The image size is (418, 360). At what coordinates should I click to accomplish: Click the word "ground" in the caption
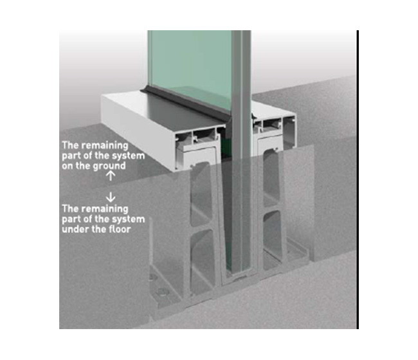pyautogui.click(x=109, y=166)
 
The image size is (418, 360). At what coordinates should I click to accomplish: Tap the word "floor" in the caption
pyautogui.click(x=120, y=229)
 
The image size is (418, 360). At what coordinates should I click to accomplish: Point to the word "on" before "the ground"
pyautogui.click(x=68, y=166)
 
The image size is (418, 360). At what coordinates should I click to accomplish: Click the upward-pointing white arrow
pyautogui.click(x=111, y=176)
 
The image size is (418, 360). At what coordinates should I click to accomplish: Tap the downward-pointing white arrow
pyautogui.click(x=111, y=197)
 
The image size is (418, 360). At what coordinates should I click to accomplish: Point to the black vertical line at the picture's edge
pyautogui.click(x=358, y=179)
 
